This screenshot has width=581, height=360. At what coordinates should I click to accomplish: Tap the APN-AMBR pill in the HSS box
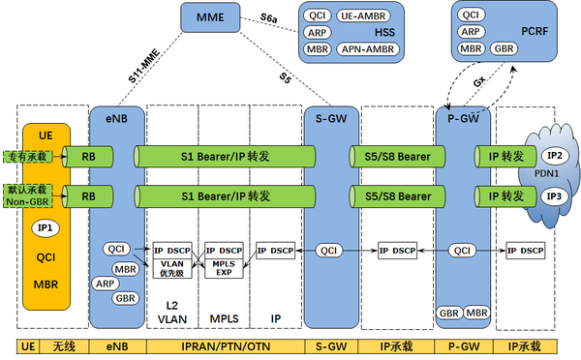(x=364, y=47)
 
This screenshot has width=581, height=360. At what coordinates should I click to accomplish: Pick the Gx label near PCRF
(x=477, y=84)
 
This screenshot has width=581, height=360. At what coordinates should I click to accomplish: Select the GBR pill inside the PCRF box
(x=503, y=47)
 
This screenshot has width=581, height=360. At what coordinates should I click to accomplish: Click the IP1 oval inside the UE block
(x=44, y=228)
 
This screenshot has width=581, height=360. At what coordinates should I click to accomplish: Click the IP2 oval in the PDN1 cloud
(x=552, y=155)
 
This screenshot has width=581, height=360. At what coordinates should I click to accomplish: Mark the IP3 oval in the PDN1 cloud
(x=552, y=196)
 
